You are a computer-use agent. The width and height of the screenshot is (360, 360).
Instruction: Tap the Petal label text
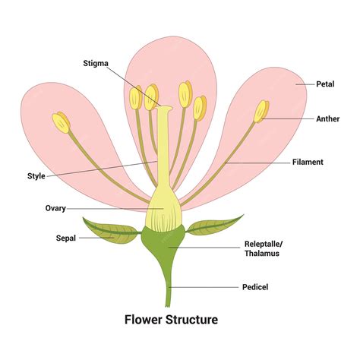(x=326, y=84)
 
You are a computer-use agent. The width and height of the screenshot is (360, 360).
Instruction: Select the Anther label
(x=328, y=118)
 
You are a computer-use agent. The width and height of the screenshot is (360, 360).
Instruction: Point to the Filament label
(x=308, y=162)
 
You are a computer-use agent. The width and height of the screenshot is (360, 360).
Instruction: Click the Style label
(x=36, y=176)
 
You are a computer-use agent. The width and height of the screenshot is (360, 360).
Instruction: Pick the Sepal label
(x=66, y=238)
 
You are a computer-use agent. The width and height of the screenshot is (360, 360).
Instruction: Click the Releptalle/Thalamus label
(x=262, y=248)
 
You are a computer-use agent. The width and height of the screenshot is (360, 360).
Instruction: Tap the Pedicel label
(x=256, y=287)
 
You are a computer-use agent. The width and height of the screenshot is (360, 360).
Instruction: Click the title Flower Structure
(x=171, y=320)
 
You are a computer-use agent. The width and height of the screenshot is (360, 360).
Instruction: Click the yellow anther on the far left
(x=62, y=122)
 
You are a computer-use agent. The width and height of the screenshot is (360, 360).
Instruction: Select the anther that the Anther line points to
(x=261, y=112)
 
